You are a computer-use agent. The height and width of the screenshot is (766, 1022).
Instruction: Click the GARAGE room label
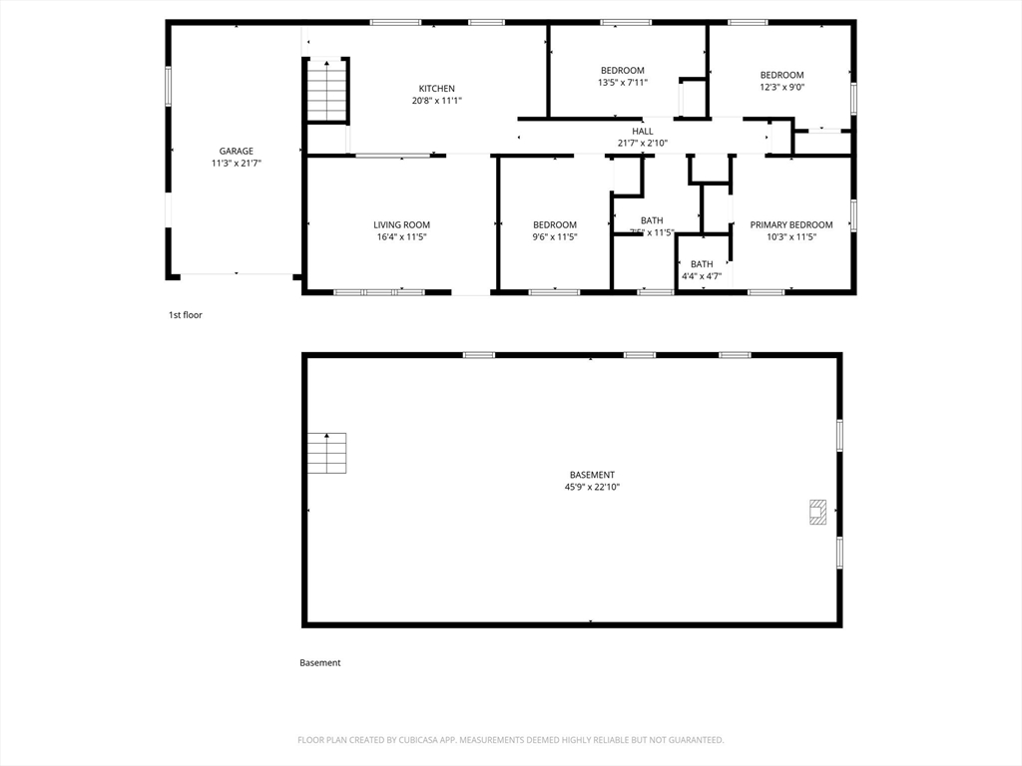237,152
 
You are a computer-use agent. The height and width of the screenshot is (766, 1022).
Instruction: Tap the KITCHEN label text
436,89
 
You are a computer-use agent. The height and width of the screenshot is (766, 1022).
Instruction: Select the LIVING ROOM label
401,225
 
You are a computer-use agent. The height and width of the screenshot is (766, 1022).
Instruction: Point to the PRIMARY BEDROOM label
790,225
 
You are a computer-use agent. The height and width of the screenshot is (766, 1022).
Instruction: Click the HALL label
642,131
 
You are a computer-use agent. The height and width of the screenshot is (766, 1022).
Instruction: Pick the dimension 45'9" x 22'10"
592,488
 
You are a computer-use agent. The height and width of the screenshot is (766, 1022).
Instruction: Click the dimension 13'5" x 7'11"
622,83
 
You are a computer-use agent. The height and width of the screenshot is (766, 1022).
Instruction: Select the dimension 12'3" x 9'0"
781,88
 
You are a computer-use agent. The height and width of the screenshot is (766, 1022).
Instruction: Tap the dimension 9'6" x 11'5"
554,237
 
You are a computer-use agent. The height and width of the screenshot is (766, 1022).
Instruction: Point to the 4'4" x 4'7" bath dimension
702,276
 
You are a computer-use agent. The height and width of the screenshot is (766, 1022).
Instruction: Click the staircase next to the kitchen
326,91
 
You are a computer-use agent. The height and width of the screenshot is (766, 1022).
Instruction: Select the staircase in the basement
326,453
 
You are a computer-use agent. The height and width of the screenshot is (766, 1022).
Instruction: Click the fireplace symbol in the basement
817,512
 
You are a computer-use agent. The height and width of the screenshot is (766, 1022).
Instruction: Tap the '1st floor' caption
185,315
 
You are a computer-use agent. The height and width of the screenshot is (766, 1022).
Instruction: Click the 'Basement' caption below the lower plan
319,663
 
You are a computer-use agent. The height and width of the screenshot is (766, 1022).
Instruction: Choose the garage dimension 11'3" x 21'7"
237,164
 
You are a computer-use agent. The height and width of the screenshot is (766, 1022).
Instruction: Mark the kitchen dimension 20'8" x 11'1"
436,101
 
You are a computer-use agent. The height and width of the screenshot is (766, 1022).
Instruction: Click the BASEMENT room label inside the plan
592,475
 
